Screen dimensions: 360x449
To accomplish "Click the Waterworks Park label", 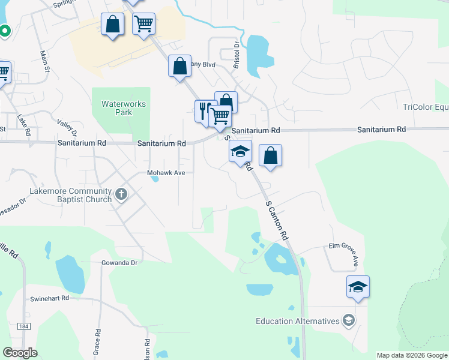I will (124, 108).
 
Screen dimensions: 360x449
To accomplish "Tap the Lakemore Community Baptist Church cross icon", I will (121, 194).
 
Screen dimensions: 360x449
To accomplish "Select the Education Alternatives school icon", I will (348, 321).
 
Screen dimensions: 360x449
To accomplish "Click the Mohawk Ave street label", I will (170, 173).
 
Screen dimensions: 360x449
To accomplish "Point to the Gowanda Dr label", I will (120, 263).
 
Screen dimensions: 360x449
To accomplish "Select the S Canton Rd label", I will (277, 220).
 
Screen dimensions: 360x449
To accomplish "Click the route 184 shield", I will (23, 326).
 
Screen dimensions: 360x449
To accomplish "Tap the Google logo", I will (20, 352).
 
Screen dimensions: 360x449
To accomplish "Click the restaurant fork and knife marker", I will (204, 110).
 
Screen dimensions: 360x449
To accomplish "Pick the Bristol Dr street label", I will (237, 53).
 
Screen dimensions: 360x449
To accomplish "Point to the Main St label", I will (43, 61).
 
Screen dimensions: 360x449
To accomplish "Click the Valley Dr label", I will (67, 126).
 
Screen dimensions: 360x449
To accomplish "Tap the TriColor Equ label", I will (426, 107).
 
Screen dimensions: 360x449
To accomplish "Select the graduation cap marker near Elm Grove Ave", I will (358, 286).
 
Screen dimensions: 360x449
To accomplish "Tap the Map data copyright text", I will (412, 355).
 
